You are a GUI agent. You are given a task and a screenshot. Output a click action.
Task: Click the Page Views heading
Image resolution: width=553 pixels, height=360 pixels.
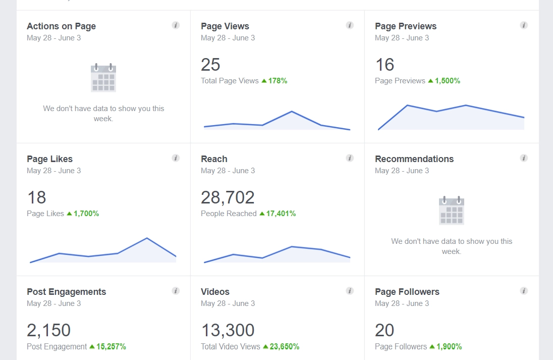click(x=225, y=26)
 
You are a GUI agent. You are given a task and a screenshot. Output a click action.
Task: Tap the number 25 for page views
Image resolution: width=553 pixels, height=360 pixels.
click(x=210, y=65)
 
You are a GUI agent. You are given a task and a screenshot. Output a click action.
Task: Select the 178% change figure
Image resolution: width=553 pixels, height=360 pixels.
click(x=277, y=81)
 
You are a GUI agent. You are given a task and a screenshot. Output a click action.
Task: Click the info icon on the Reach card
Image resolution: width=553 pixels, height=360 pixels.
click(x=350, y=158)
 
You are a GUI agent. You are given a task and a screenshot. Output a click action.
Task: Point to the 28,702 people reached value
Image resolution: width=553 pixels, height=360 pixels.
click(x=228, y=197)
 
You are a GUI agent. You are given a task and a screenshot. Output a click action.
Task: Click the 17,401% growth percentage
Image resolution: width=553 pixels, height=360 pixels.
click(x=281, y=214)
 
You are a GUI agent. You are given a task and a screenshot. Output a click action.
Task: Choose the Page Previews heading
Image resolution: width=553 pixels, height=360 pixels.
click(x=406, y=26)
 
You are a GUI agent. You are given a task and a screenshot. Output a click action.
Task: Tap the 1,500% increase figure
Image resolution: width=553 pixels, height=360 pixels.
click(x=447, y=81)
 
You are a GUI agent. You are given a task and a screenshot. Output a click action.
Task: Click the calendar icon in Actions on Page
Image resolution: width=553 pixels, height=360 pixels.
click(x=103, y=78)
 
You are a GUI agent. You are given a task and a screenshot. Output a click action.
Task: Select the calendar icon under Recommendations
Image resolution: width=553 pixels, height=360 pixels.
click(x=452, y=211)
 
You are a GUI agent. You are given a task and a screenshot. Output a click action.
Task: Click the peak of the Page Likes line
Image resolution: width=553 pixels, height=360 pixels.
click(x=147, y=238)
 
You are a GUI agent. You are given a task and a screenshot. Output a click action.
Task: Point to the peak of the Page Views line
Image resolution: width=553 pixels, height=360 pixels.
click(x=292, y=111)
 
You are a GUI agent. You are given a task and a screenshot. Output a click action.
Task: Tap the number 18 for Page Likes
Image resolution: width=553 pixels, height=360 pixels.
click(x=36, y=197)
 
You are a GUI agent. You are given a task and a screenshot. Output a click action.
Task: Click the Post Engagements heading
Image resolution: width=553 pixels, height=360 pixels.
click(x=66, y=292)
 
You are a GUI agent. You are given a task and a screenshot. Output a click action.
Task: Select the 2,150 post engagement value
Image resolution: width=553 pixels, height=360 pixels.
click(x=48, y=330)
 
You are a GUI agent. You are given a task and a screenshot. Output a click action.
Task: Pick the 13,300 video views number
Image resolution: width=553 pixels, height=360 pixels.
click(x=228, y=330)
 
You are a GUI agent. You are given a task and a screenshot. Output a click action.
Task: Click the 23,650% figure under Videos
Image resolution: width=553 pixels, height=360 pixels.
click(x=284, y=346)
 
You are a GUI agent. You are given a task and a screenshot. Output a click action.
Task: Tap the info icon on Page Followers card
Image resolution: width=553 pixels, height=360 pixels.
click(x=524, y=291)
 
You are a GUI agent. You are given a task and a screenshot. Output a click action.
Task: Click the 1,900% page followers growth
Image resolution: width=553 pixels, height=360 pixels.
click(x=448, y=346)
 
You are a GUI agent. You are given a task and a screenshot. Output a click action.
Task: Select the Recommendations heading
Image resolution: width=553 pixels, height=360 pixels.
click(x=414, y=159)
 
